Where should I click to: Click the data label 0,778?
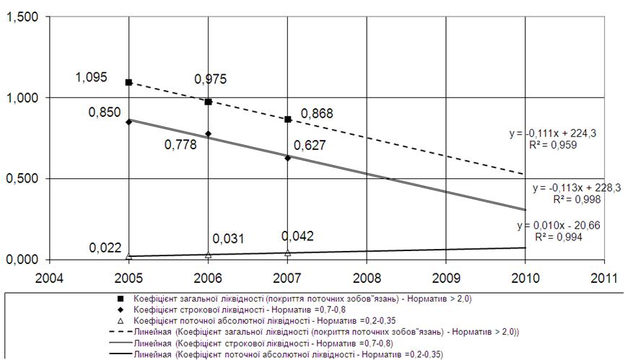click(x=181, y=145)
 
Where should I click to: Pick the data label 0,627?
click(x=309, y=145)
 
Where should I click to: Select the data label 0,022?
click(x=105, y=247)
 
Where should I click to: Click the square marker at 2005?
click(x=128, y=82)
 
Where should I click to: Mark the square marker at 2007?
click(x=287, y=119)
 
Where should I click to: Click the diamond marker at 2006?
click(x=208, y=133)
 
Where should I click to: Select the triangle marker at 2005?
click(x=128, y=256)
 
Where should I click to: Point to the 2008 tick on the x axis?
click(x=367, y=277)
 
